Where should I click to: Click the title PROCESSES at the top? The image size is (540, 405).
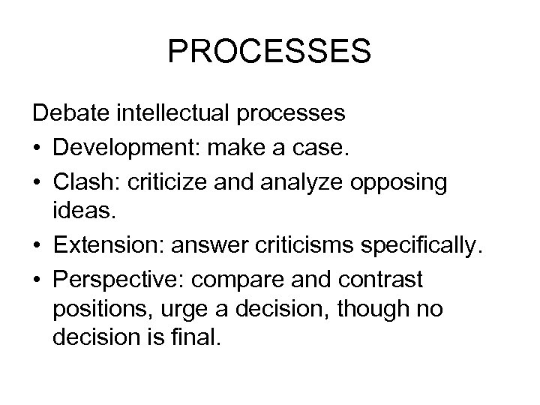(x=269, y=52)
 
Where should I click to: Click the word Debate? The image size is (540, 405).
(x=70, y=114)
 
